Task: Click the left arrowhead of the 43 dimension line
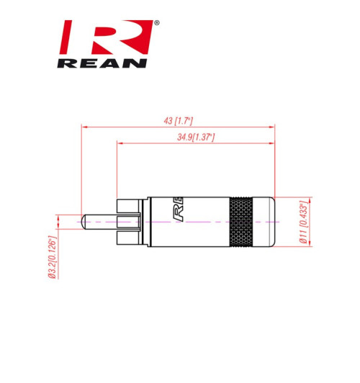(81, 127)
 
